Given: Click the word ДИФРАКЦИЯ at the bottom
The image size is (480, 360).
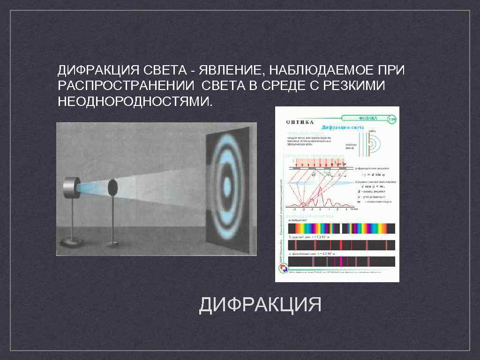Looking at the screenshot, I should [260, 305].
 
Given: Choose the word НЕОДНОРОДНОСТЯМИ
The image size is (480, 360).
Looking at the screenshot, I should [135, 101].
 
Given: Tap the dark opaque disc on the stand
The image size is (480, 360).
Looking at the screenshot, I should [112, 187].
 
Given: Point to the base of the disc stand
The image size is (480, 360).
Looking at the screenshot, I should [112, 244].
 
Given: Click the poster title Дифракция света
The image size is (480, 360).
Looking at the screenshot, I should [342, 127].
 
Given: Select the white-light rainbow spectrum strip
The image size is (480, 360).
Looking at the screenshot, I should [342, 228].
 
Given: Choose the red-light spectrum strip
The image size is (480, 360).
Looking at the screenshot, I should [342, 245].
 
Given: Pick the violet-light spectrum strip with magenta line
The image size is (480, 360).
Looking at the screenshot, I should [342, 261].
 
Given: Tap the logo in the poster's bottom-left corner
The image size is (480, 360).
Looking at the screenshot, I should [283, 268].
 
